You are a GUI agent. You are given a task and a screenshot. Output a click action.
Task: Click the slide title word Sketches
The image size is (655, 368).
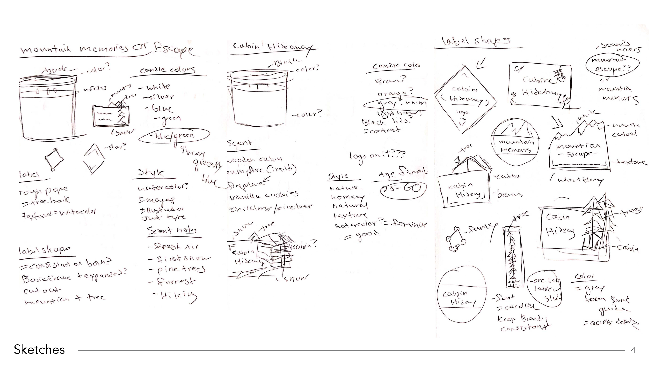point(39,349)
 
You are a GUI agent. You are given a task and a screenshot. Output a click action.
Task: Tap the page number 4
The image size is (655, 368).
point(633,350)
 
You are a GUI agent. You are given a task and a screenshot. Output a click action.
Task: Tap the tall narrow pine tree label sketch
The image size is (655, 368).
point(512,257)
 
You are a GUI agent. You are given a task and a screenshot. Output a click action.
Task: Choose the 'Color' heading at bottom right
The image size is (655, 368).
point(584,277)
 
